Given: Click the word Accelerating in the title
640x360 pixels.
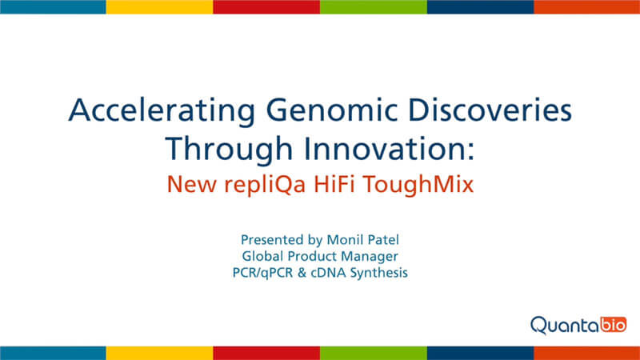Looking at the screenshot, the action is [162, 111].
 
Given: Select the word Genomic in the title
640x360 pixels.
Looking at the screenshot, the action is [331, 111].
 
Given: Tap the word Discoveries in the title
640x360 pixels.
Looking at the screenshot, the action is [490, 110].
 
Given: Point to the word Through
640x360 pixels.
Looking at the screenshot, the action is [229, 150].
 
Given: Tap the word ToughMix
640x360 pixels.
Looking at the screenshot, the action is [418, 185].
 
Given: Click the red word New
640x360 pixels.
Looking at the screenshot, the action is [191, 184].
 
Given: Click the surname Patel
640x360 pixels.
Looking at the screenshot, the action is [382, 239].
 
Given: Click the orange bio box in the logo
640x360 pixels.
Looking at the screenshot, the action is [614, 325].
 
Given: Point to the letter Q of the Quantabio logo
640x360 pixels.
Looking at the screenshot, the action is [539, 326].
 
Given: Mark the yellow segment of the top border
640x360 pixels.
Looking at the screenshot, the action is [159, 7].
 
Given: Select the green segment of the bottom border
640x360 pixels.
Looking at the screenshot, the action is [374, 353].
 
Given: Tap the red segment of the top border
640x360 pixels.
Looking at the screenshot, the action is [266, 7].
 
